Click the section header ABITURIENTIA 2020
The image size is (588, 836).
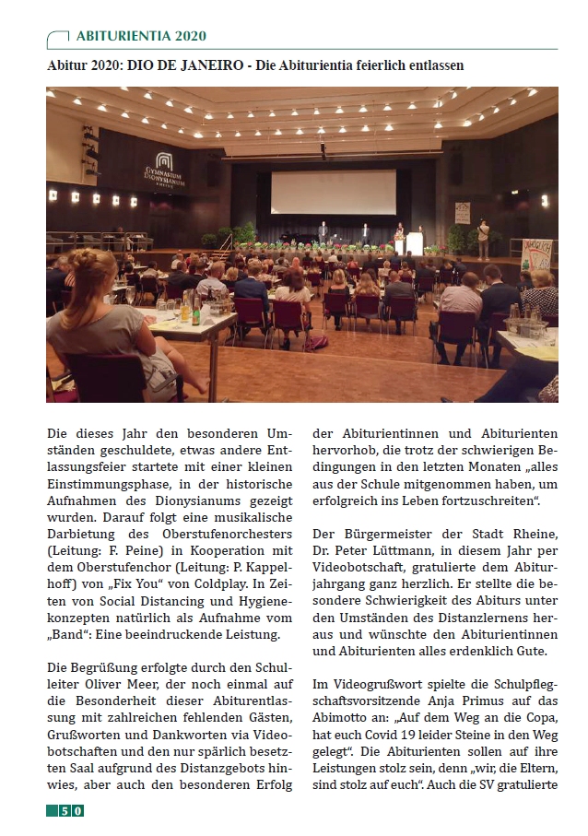point(141,36)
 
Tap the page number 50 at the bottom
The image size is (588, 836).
point(71,810)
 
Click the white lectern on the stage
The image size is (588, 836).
point(415,245)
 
